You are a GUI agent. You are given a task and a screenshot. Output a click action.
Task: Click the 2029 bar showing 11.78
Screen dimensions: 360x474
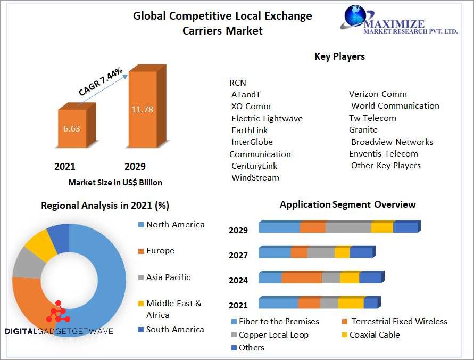(142, 109)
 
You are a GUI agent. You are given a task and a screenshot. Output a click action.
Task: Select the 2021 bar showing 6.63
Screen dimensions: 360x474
(71, 128)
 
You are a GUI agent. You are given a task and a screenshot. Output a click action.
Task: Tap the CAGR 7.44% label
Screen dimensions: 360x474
(101, 81)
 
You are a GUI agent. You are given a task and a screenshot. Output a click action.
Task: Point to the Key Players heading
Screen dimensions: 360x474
(339, 56)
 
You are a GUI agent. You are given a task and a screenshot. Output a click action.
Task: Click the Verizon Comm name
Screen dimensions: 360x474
(378, 94)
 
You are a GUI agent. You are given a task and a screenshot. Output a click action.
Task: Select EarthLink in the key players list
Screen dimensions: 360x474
(250, 130)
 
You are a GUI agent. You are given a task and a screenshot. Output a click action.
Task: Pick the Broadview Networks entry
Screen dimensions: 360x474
(392, 142)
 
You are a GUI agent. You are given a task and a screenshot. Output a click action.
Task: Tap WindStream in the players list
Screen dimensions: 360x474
(255, 178)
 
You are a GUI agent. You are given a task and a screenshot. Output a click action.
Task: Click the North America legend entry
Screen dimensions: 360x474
(175, 225)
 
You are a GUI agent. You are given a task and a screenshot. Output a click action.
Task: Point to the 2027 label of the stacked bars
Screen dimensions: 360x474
(238, 256)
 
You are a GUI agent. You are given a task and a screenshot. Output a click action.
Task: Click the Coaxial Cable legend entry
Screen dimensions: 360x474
(375, 335)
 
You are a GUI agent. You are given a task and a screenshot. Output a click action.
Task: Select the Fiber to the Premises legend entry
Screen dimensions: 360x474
(279, 322)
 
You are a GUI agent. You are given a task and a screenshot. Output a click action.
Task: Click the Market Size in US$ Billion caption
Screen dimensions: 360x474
(115, 183)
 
